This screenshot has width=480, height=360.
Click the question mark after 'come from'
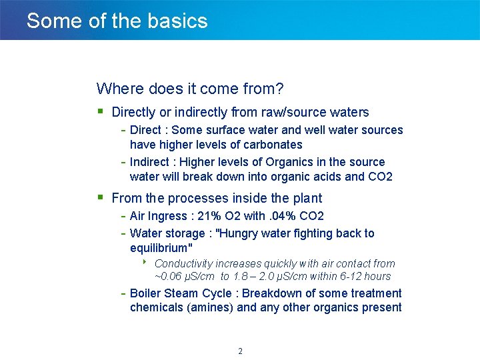[x=281, y=89]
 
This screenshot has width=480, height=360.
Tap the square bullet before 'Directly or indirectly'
[x=100, y=111]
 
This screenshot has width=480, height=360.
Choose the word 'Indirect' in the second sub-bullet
[x=151, y=162]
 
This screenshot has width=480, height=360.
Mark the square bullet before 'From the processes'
[x=100, y=197]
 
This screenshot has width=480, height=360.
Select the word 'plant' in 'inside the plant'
[x=307, y=198]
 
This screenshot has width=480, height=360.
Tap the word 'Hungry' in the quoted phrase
[x=242, y=233]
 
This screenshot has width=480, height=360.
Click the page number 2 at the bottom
[x=240, y=351]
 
